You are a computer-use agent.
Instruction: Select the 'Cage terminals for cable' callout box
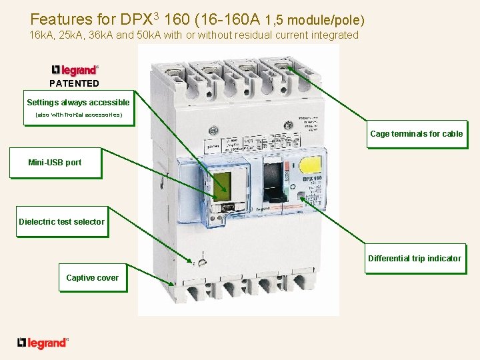416,134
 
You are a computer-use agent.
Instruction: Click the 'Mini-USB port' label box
55,163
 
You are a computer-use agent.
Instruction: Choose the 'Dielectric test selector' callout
61,222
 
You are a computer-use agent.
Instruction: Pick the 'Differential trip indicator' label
414,259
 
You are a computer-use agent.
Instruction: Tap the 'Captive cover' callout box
92,278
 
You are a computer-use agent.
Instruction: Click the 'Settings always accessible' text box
78,103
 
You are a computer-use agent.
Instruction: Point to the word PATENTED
74,83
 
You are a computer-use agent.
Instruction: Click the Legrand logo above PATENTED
75,70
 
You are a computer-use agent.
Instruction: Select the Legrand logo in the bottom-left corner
43,343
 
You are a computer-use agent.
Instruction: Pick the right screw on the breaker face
289,125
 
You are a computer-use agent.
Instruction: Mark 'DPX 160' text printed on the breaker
312,179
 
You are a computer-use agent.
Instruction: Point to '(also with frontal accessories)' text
78,115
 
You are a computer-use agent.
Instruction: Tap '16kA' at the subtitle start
43,35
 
